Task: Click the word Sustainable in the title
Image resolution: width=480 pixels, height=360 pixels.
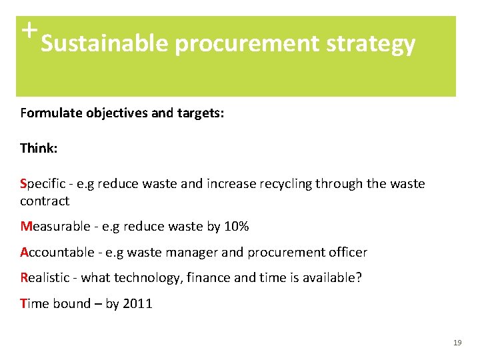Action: [105, 44]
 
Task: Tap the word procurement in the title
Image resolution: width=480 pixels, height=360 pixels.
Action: [248, 44]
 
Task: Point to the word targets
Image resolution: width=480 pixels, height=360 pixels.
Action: [199, 113]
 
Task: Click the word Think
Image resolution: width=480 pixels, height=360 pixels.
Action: [38, 148]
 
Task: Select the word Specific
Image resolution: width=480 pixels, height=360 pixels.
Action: [41, 183]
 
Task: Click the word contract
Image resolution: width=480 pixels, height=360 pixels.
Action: [44, 201]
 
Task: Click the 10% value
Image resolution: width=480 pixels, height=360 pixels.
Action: [236, 227]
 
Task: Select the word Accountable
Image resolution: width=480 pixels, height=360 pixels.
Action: [57, 253]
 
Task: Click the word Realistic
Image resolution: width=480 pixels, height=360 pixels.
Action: [43, 278]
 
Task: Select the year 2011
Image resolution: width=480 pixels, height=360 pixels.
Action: [138, 304]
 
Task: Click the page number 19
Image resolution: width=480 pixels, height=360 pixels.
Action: [457, 343]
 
